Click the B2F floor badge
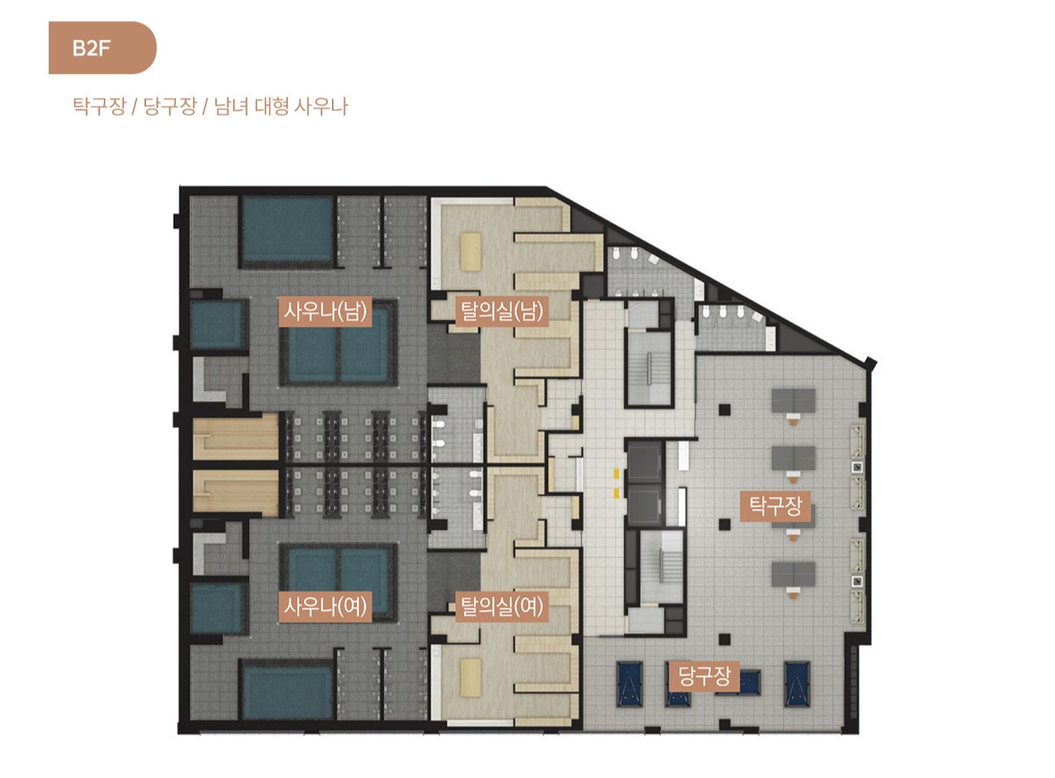102,48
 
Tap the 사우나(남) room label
325,312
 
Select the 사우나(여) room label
325,607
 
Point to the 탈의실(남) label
502,312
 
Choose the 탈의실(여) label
502,607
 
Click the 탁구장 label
775,507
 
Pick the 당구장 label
704,676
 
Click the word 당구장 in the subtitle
170,106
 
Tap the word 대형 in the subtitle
272,106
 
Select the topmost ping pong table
793,400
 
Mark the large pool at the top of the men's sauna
287,231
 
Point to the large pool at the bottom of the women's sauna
287,691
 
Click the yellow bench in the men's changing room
471,252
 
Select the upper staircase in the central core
648,368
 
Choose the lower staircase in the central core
661,567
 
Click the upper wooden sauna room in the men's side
235,436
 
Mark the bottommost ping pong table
793,574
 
